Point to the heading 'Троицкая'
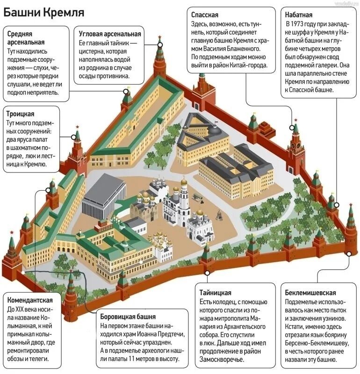click(21, 114)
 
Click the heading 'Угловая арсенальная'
click(110, 34)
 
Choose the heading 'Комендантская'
click(30, 300)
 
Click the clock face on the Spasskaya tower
click(295, 144)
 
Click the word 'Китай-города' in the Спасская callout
click(248, 65)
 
